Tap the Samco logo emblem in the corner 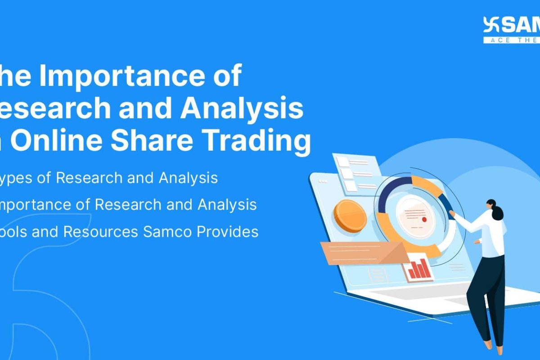click(491, 26)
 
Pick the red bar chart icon click(418, 268)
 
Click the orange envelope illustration click(360, 253)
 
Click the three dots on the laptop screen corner click(322, 180)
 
